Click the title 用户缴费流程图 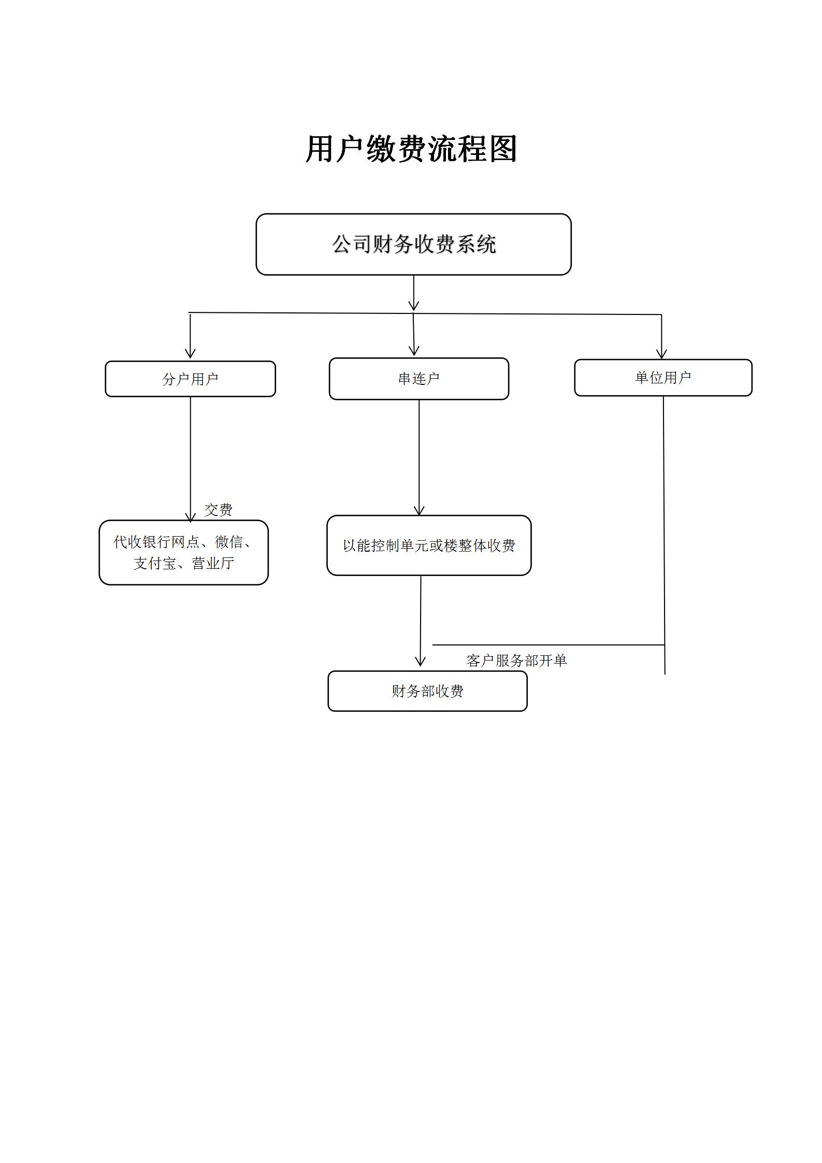coord(411,149)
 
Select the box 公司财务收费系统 coord(413,244)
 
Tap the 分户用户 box coord(190,379)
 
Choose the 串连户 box coord(419,379)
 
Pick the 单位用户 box coord(662,378)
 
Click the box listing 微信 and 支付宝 coord(183,552)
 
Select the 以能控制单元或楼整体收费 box coord(428,545)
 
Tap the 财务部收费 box coord(427,691)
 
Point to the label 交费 coord(218,510)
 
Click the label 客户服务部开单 coord(516,661)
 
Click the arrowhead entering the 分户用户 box coord(190,353)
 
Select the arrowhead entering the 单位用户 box coord(661,354)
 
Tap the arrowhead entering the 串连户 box coord(414,351)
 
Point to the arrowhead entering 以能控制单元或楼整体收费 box coord(419,510)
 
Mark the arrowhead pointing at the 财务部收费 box coord(420,662)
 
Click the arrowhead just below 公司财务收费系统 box coord(413,306)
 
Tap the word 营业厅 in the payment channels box coord(212,563)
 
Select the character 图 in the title coord(502,149)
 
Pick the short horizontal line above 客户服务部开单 coord(548,645)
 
